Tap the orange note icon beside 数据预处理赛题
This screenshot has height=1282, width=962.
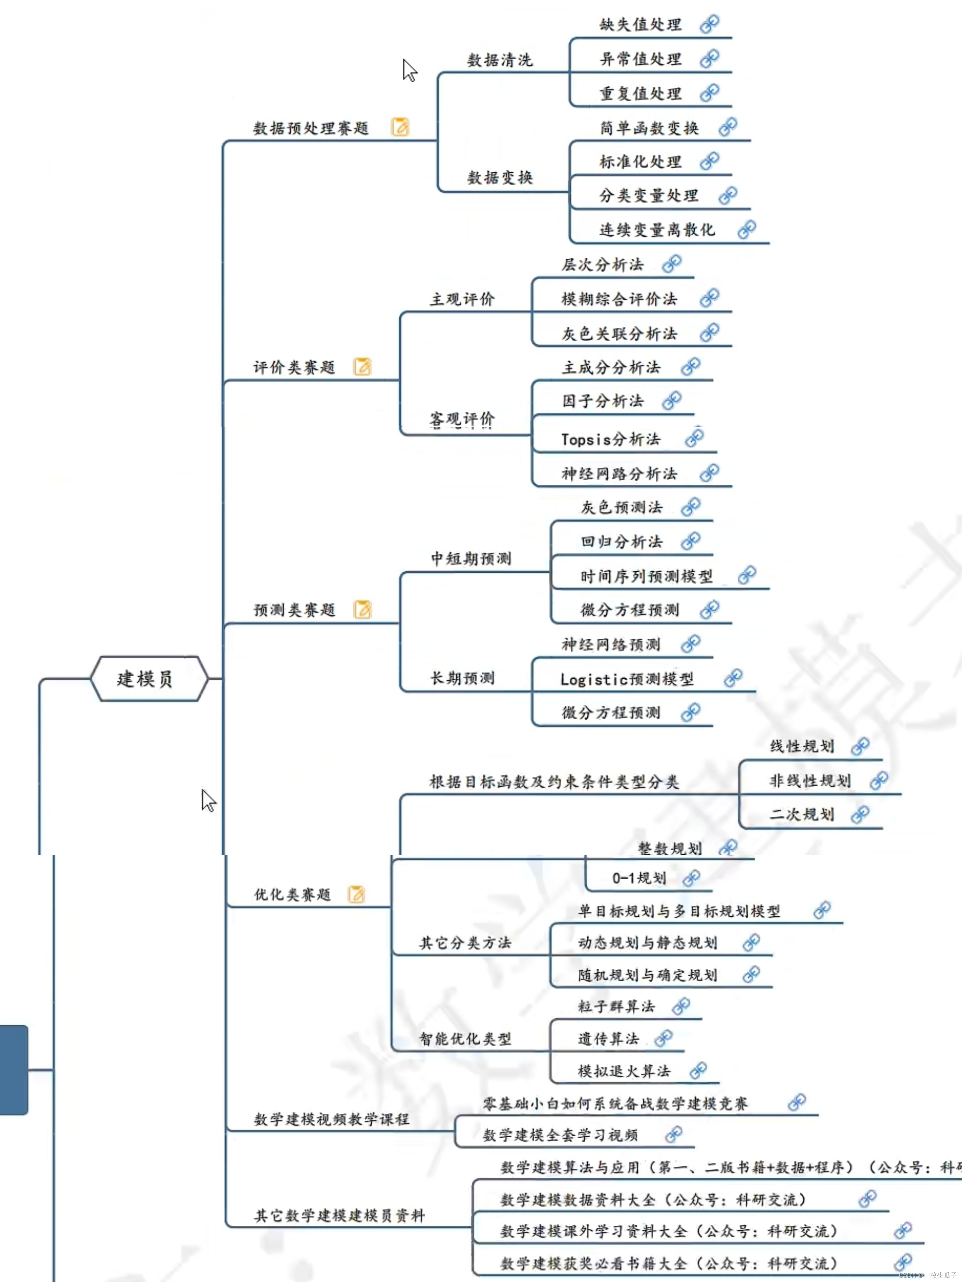(400, 127)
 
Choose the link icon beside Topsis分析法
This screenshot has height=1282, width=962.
(694, 438)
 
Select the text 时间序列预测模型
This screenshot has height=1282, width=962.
(646, 576)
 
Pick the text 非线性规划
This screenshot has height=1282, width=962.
(809, 781)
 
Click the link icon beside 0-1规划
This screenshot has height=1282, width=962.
(691, 878)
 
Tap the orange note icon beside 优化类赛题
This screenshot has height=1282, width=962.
(356, 894)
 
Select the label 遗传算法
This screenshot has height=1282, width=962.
(608, 1038)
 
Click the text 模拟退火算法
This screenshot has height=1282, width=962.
(623, 1071)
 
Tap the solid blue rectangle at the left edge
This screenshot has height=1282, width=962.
(14, 1069)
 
